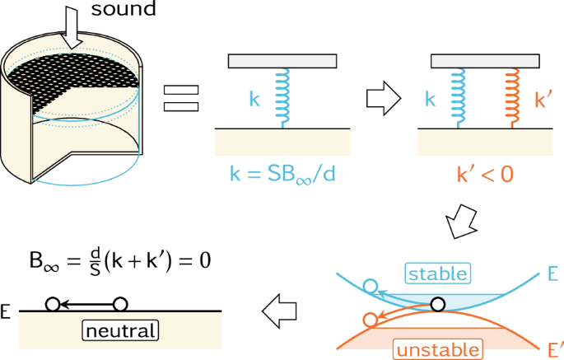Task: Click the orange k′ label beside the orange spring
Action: point(543,101)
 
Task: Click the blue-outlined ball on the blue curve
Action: point(371,287)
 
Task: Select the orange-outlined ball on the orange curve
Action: point(371,319)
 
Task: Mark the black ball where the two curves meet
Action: point(438,305)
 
